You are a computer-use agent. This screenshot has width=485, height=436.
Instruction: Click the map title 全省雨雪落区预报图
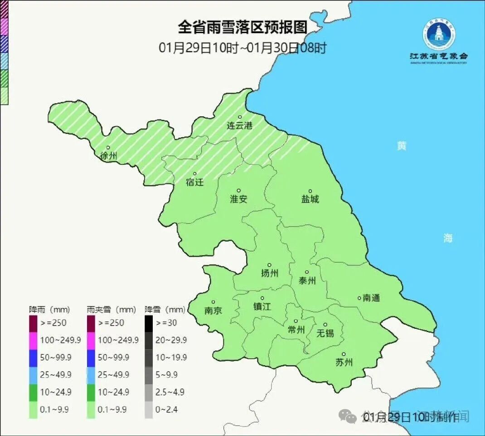click(242, 27)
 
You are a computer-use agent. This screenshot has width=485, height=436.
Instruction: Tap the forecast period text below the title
click(242, 48)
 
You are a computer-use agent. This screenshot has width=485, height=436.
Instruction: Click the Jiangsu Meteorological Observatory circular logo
click(439, 35)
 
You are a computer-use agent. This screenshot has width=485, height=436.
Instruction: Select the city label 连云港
click(239, 126)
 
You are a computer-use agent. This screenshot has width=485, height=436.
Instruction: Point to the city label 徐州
click(108, 156)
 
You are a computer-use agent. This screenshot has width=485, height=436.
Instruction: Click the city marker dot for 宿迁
click(195, 173)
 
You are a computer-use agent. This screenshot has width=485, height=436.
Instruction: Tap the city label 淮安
click(238, 199)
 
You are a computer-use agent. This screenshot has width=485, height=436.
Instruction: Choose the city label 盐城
click(310, 199)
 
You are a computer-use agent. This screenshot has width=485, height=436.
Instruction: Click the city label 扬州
click(269, 273)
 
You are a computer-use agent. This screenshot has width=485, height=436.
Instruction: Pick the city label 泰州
click(307, 281)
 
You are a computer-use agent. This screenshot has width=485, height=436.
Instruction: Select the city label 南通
click(371, 298)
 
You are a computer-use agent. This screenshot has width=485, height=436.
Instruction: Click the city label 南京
click(213, 311)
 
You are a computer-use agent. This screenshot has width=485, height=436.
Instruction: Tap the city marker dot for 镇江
click(262, 298)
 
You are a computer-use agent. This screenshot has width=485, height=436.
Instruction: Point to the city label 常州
click(296, 330)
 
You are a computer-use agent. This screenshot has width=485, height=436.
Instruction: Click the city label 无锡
click(325, 333)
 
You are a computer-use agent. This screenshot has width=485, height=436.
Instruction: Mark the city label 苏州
click(344, 362)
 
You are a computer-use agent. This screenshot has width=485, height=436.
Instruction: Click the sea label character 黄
click(402, 146)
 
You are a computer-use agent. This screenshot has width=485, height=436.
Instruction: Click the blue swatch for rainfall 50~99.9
click(33, 357)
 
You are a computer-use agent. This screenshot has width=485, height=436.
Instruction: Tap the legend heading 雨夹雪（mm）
click(112, 310)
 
